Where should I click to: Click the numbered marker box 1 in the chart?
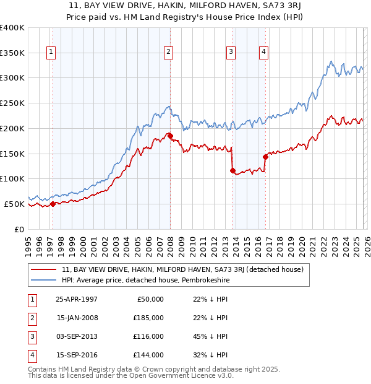pos(50,53)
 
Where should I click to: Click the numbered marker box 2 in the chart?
pos(168,53)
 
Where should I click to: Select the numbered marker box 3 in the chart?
pos(230,53)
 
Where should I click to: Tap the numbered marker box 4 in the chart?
pos(263,53)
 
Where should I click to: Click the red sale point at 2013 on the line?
pos(233,170)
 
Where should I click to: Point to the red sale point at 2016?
pos(266,156)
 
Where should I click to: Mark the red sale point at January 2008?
pos(171,135)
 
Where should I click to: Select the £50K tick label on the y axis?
pos(15,204)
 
